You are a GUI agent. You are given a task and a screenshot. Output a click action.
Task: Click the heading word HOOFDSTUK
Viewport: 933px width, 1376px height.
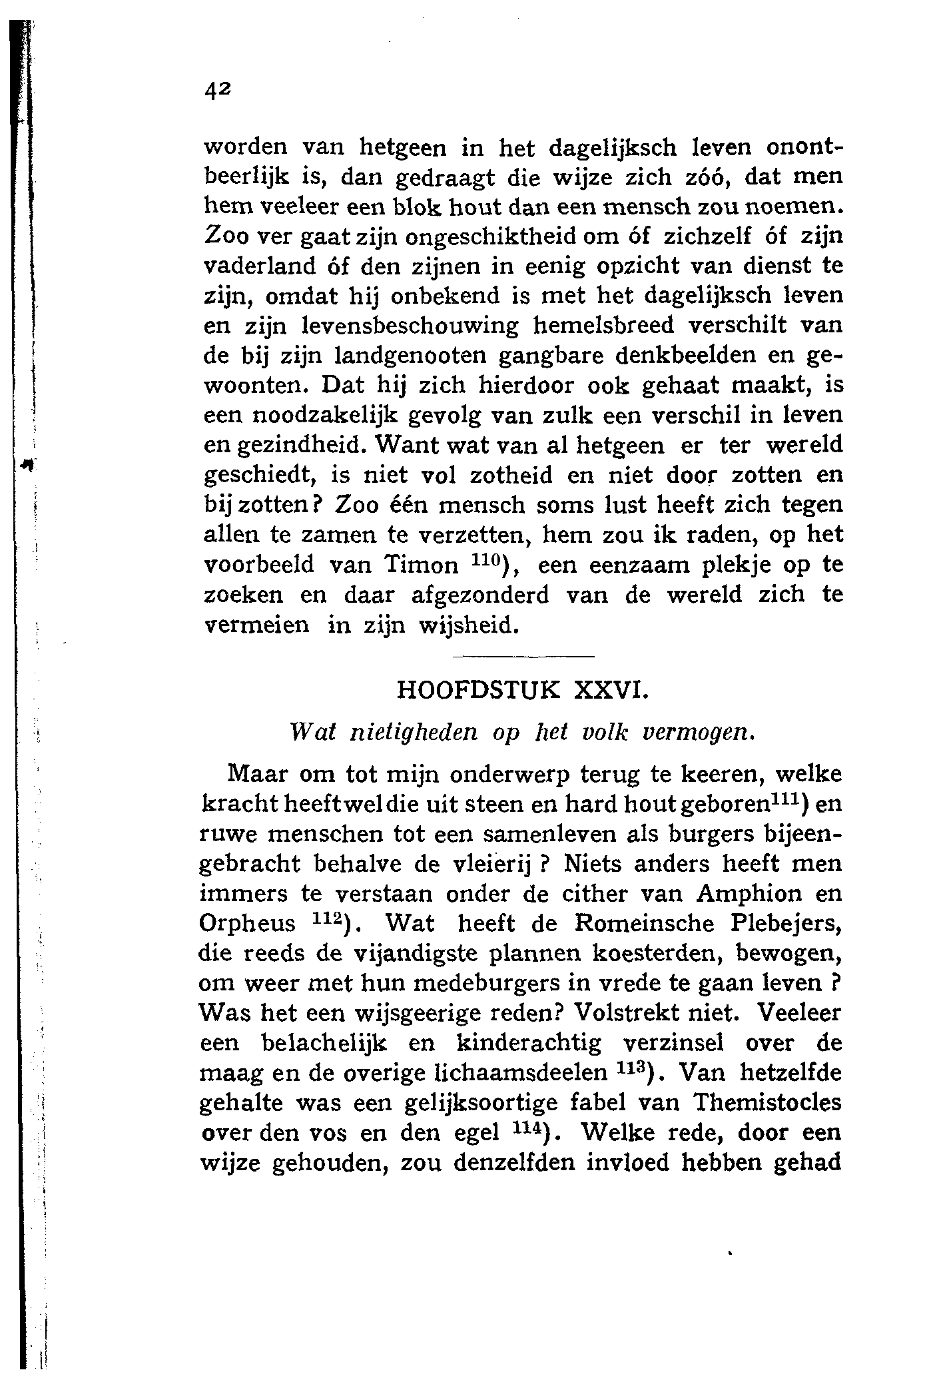477,690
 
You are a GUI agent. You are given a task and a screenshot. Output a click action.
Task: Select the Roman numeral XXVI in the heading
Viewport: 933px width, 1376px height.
609,690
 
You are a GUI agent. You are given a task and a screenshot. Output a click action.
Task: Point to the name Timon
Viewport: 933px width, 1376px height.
422,565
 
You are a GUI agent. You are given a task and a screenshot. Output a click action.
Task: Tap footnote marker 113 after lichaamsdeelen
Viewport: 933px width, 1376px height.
630,1066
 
